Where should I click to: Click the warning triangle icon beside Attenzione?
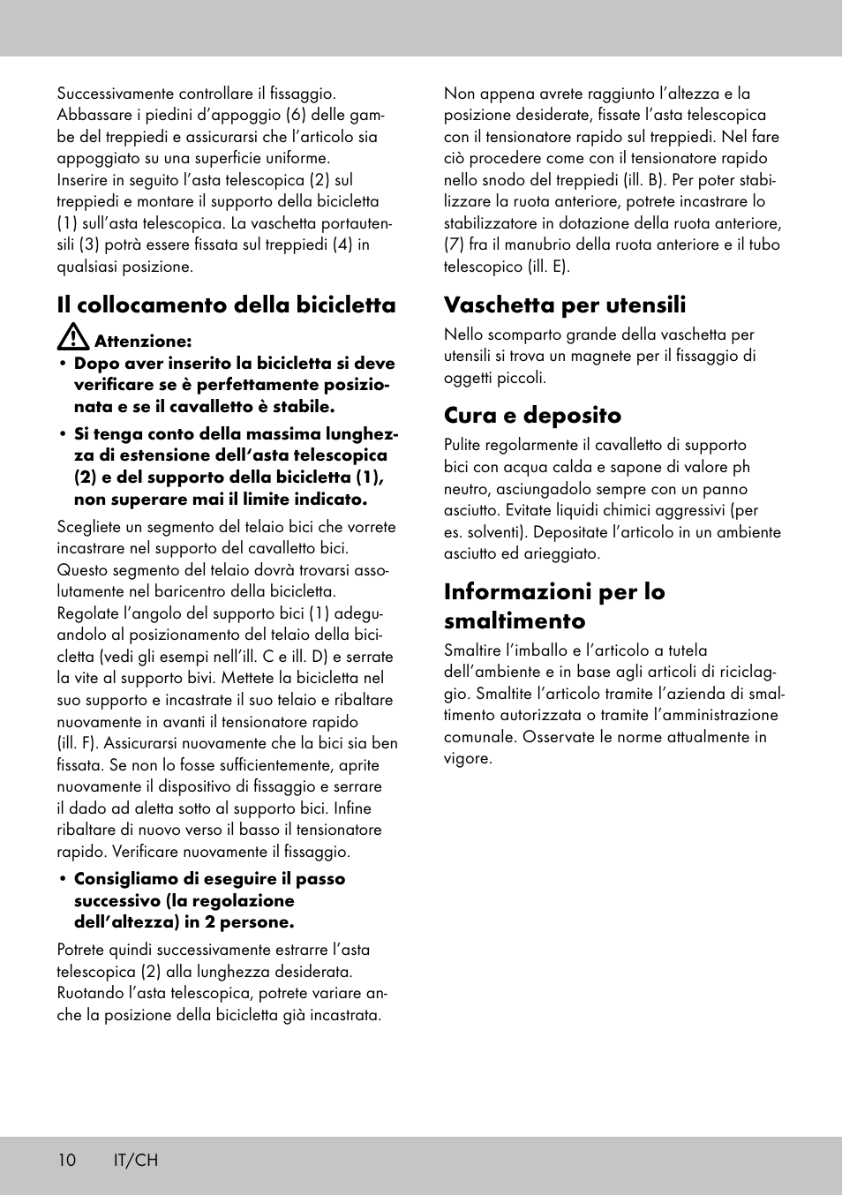[x=72, y=337]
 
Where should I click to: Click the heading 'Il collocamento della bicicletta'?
[x=226, y=305]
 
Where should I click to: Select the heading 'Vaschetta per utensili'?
[x=565, y=305]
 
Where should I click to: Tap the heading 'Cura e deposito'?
[x=532, y=415]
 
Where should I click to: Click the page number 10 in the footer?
[x=67, y=1160]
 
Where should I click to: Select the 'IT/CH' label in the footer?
[x=136, y=1160]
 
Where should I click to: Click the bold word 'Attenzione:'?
[x=142, y=341]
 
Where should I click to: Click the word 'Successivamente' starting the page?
[x=116, y=94]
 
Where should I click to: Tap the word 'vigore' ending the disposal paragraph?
[x=466, y=759]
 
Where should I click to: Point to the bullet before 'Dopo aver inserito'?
[x=64, y=364]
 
